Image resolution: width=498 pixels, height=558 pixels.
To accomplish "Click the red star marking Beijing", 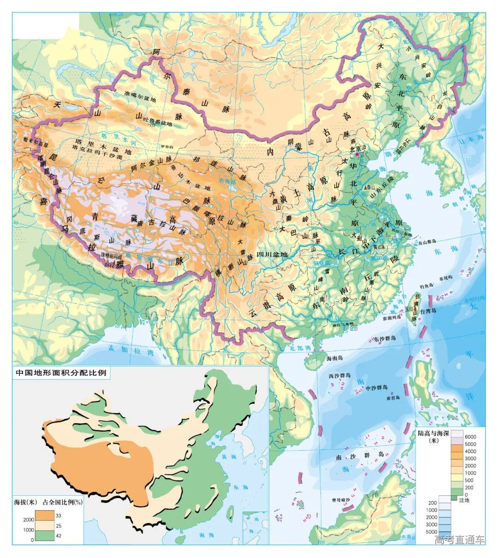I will point(356,155).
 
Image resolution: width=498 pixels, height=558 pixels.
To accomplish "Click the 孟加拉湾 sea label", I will point(124,350).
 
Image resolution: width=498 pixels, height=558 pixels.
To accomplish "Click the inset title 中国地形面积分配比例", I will point(61,373).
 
